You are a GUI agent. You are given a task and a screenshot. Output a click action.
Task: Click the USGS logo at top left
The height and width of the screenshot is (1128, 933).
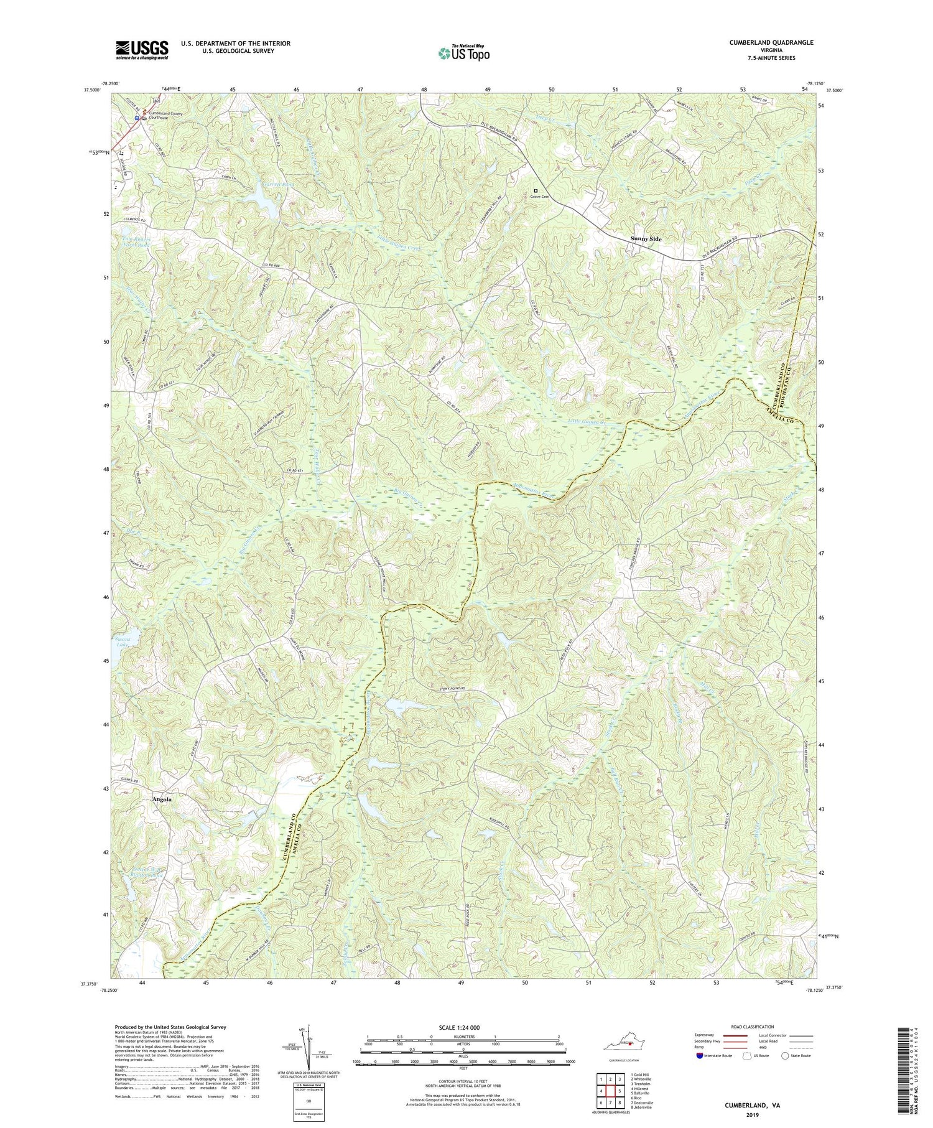pos(141,50)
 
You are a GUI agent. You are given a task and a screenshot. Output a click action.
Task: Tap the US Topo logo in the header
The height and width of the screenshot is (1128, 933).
pos(463,53)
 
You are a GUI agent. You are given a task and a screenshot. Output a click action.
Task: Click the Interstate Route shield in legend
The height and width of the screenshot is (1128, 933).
pos(700,1056)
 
